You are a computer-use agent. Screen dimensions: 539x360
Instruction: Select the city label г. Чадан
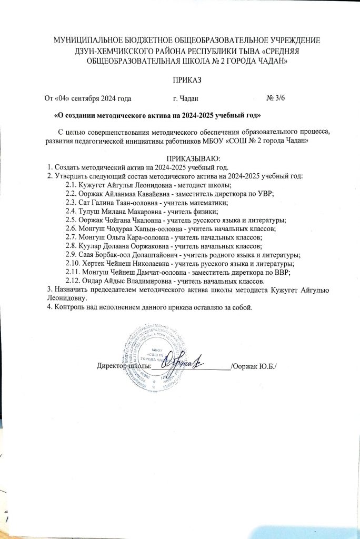point(186,98)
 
